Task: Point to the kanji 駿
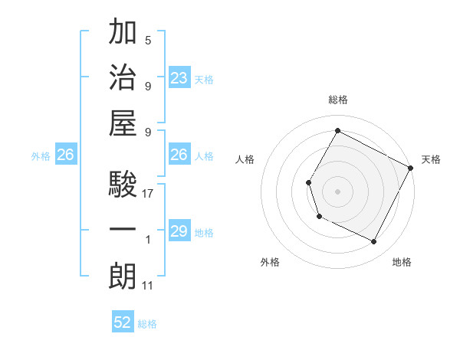click(x=123, y=185)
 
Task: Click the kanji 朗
click(x=123, y=277)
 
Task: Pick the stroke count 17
click(x=149, y=194)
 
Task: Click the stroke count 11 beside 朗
click(x=149, y=286)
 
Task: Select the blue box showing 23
click(x=179, y=77)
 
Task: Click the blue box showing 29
click(x=179, y=232)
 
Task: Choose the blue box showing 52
click(x=123, y=322)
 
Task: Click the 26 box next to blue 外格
click(x=65, y=155)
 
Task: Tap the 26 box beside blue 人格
click(x=179, y=155)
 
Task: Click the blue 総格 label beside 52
click(x=147, y=324)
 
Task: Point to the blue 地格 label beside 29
click(x=205, y=233)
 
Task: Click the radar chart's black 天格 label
click(x=431, y=159)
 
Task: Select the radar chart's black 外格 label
click(x=270, y=262)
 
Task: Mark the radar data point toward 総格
click(x=337, y=130)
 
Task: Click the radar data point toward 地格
click(x=374, y=242)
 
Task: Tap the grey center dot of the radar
click(x=337, y=191)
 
